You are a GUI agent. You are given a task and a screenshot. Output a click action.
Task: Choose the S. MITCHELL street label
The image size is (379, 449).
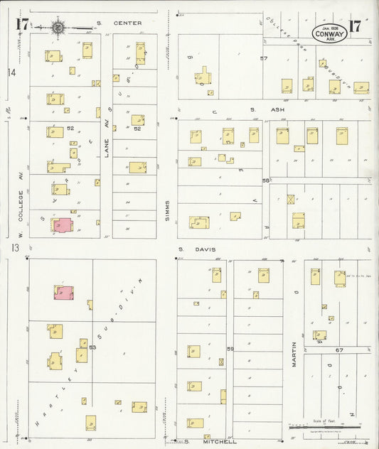201,441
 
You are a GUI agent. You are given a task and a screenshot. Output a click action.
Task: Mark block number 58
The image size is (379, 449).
266,180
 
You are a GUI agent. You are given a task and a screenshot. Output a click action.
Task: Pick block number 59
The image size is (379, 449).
230,348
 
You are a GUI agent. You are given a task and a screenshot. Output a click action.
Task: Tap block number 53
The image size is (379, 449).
92,347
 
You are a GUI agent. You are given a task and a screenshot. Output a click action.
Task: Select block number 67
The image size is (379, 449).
339,350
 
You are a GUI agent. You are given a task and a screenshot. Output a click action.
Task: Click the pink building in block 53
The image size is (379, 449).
63,293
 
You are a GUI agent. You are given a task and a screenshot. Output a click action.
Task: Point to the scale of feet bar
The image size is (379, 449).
327,425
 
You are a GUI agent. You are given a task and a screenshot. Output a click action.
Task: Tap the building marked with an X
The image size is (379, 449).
290,200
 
